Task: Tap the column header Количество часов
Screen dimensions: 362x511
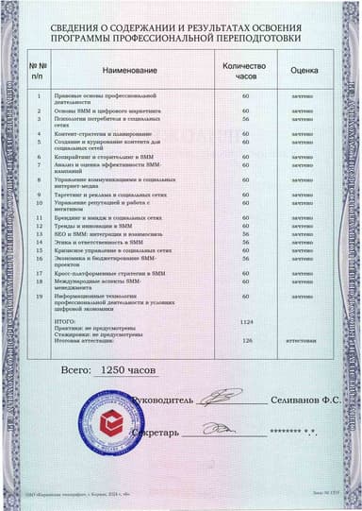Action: [245, 71]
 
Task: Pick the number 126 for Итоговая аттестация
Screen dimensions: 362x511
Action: [248, 340]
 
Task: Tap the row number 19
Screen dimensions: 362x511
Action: [39, 297]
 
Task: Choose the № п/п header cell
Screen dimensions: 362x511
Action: [38, 71]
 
